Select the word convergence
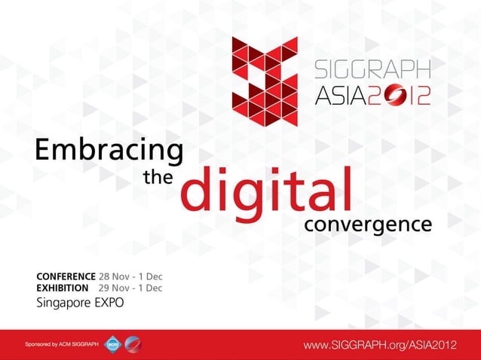point(368,224)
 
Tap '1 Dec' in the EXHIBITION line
point(150,288)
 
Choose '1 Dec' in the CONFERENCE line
point(150,276)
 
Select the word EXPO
point(107,304)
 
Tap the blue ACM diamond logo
point(112,344)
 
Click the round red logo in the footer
point(132,344)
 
